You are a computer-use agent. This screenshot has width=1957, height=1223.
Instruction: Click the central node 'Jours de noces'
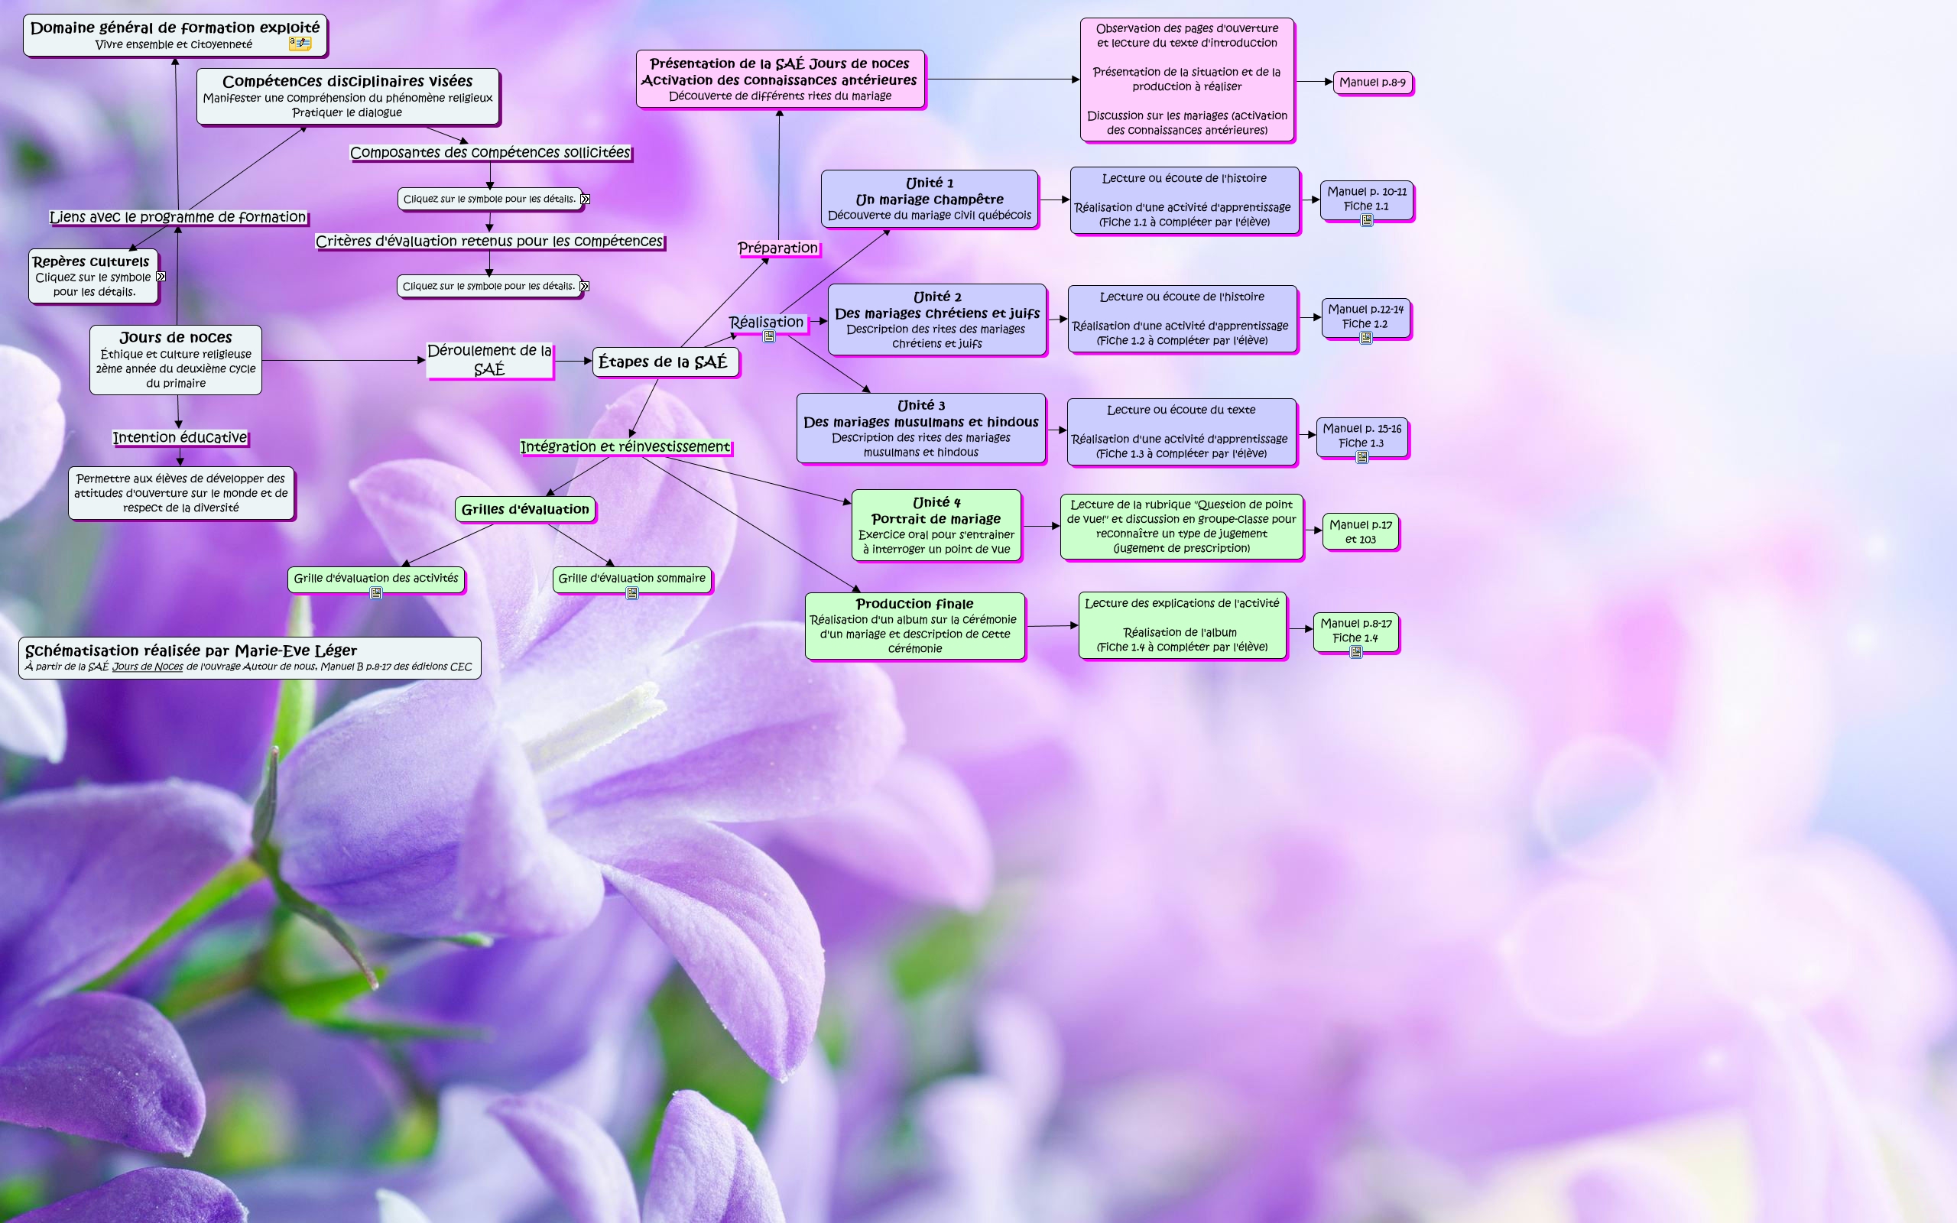click(x=176, y=359)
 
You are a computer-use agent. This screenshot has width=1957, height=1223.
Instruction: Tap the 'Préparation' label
click(x=778, y=248)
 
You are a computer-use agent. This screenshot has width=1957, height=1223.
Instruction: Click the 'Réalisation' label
click(x=766, y=322)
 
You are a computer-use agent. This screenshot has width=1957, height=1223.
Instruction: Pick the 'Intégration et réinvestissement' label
click(x=625, y=446)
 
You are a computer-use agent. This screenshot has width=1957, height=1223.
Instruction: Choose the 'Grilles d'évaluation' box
click(x=525, y=510)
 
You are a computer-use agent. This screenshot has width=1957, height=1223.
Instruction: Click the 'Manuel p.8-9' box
click(x=1372, y=83)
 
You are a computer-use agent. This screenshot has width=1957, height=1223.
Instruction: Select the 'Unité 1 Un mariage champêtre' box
click(x=929, y=199)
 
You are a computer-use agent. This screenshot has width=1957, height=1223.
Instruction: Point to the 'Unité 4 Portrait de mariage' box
click(x=936, y=525)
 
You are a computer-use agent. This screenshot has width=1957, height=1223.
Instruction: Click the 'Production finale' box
click(x=914, y=625)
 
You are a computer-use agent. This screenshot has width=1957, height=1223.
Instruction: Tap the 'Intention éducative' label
click(x=180, y=437)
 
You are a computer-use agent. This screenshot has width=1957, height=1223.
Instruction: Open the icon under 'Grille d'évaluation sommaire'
click(x=632, y=594)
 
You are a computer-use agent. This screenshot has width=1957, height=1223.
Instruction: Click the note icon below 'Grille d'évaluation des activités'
click(x=376, y=594)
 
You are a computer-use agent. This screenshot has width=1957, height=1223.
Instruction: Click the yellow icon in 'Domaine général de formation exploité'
click(x=299, y=44)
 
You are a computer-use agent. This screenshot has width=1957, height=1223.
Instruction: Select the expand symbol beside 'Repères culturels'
click(x=161, y=277)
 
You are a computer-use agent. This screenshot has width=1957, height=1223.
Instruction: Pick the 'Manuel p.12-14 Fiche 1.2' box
click(x=1365, y=317)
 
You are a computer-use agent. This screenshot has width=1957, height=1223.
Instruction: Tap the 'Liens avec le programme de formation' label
click(x=178, y=217)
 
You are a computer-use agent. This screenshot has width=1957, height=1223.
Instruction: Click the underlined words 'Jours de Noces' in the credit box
click(x=148, y=667)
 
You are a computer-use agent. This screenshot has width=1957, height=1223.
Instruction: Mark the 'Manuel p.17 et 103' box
click(x=1360, y=531)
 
